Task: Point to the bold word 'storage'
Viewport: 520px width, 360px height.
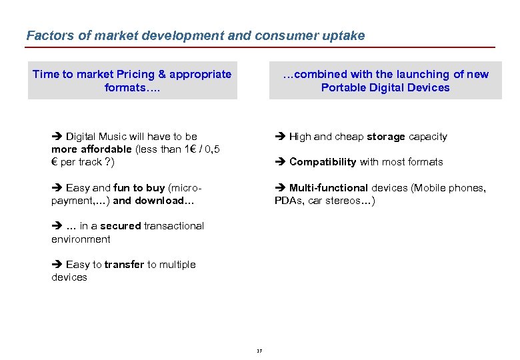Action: pos(385,137)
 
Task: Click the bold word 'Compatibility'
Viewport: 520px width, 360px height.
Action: pos(323,162)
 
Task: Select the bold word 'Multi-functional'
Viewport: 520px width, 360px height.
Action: pos(328,188)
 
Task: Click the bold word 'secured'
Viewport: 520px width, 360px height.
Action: pos(120,226)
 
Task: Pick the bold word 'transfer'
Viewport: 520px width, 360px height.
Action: pos(124,265)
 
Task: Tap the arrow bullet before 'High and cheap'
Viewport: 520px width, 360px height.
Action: pos(280,137)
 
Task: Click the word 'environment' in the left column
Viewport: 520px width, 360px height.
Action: pos(81,239)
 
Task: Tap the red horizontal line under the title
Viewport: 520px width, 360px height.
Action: pos(260,47)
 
